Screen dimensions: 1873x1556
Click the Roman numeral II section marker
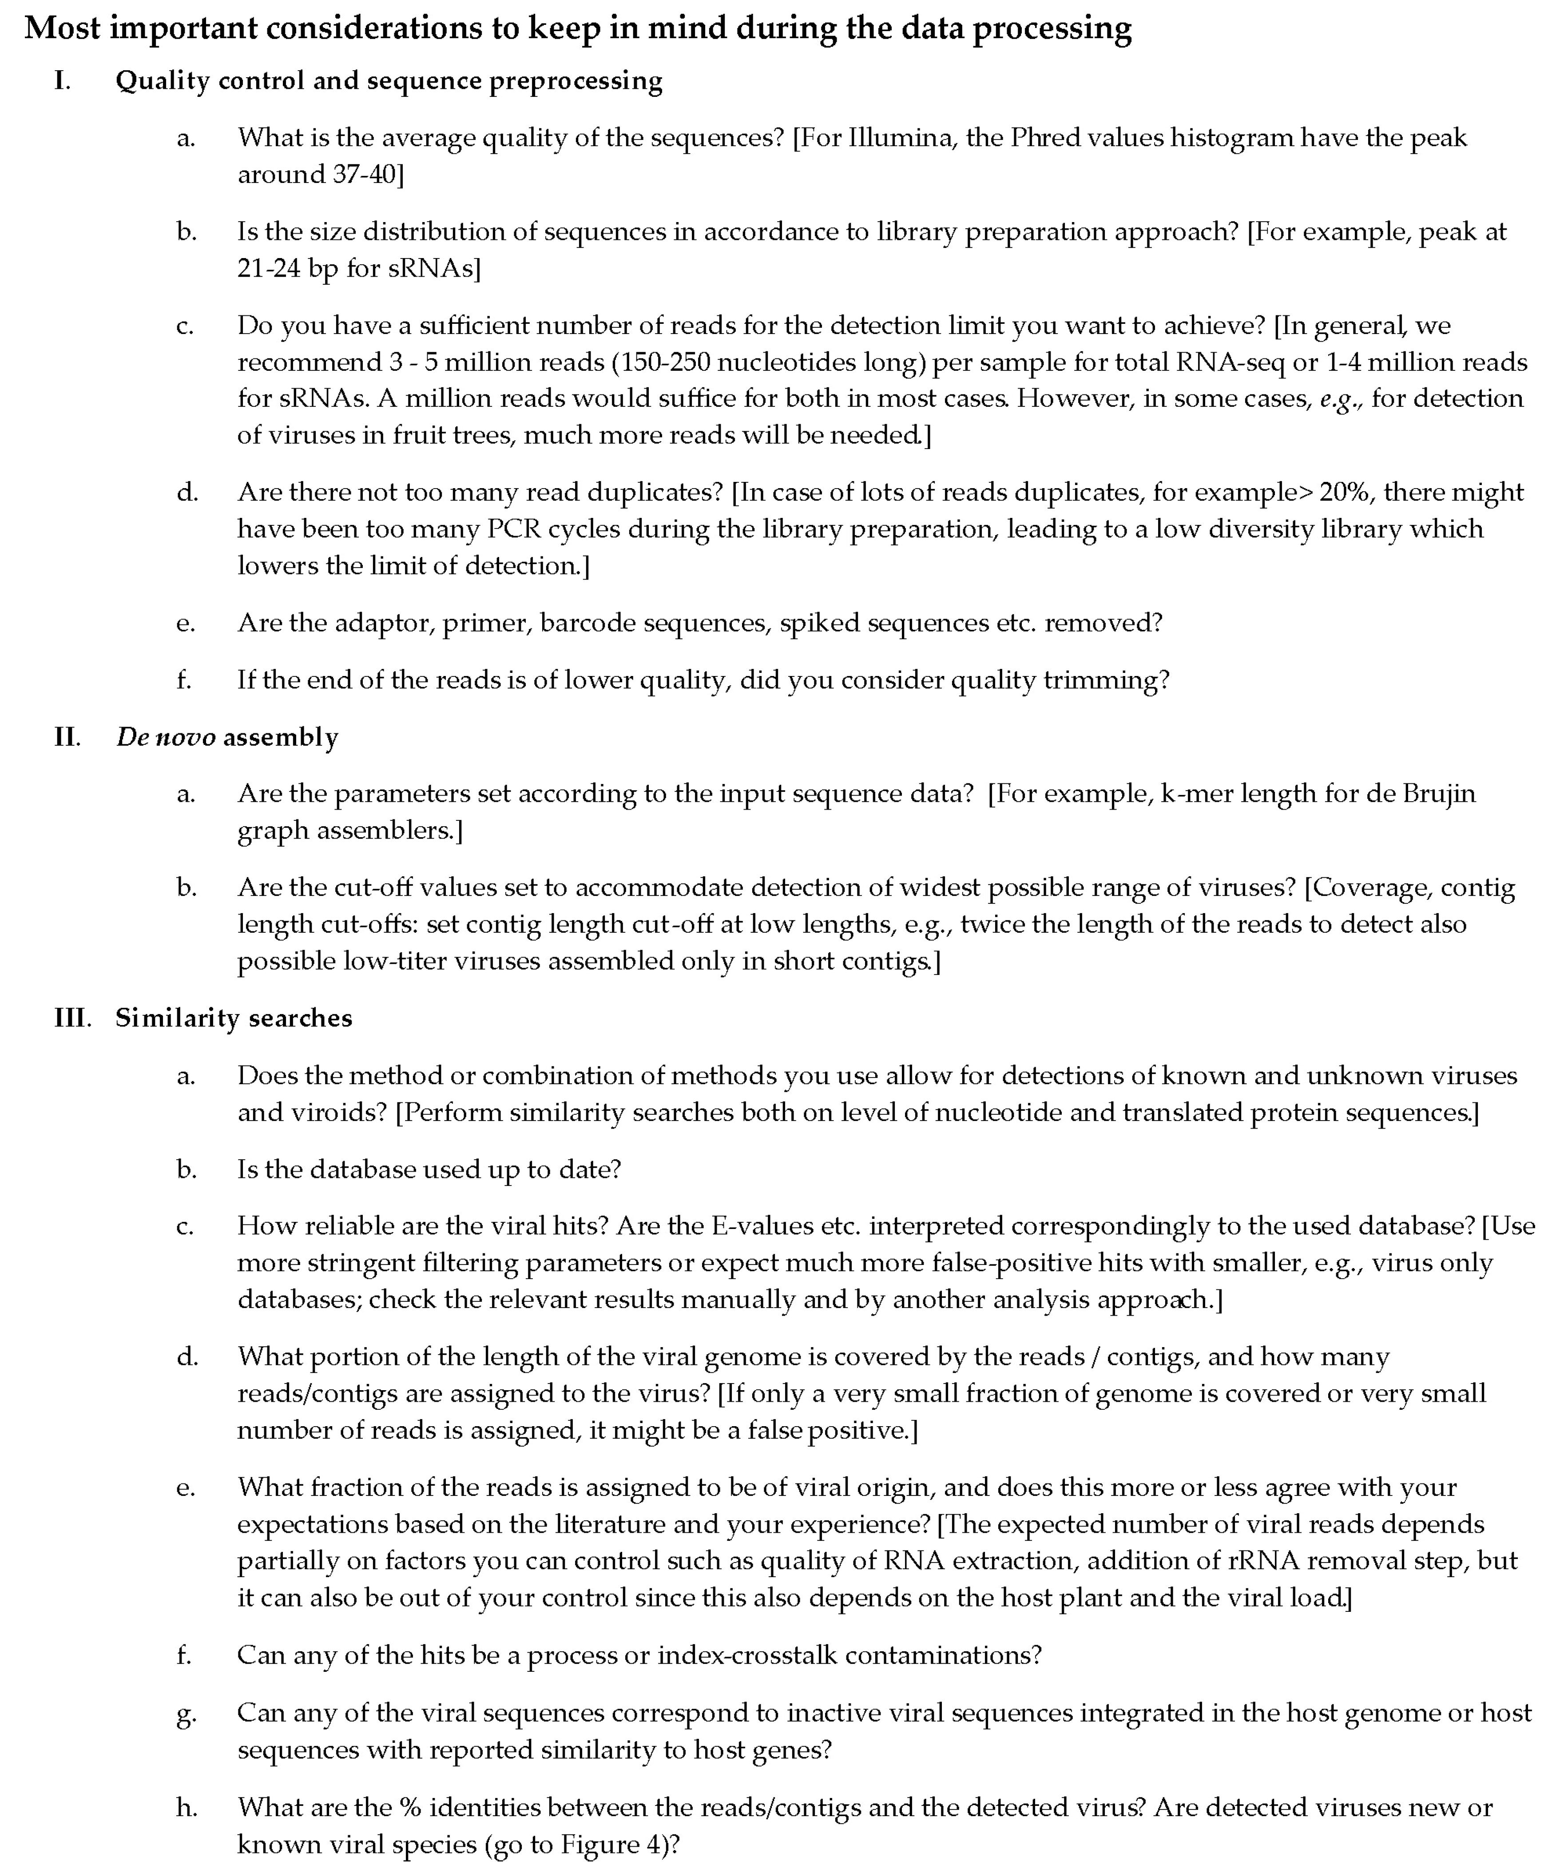pyautogui.click(x=67, y=738)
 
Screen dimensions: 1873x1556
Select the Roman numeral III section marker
pyautogui.click(x=72, y=1018)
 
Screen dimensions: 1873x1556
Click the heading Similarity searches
pyautogui.click(x=234, y=1018)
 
